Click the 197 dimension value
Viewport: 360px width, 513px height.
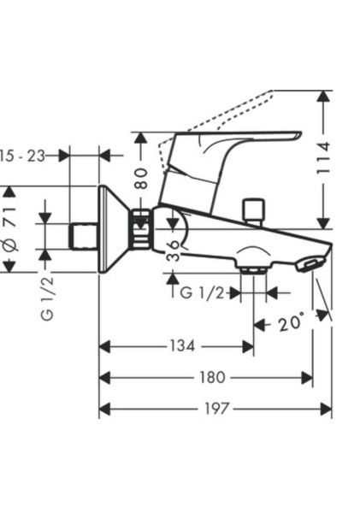(x=216, y=409)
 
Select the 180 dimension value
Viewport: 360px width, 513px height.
(x=212, y=378)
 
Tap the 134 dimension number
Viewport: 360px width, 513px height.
(x=182, y=345)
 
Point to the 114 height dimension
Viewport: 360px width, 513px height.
(x=324, y=157)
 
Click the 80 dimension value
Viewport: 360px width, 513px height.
(x=141, y=179)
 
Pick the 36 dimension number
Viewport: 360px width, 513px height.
(x=173, y=251)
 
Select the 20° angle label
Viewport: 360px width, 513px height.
(x=291, y=322)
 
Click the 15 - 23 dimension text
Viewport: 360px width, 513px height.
(x=22, y=156)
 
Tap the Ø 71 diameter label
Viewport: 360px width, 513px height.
(x=10, y=228)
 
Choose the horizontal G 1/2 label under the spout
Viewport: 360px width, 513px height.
(x=203, y=292)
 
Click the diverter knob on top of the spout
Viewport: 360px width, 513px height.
(x=253, y=211)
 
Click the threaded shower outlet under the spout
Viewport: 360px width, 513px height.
(x=253, y=270)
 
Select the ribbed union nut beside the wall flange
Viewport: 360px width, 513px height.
(x=141, y=228)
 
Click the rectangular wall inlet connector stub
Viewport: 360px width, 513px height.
(x=84, y=236)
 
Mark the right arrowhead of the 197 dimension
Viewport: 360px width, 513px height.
(x=326, y=409)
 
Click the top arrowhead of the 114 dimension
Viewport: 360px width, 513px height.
(x=324, y=96)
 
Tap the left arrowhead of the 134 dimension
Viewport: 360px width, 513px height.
(x=104, y=346)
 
